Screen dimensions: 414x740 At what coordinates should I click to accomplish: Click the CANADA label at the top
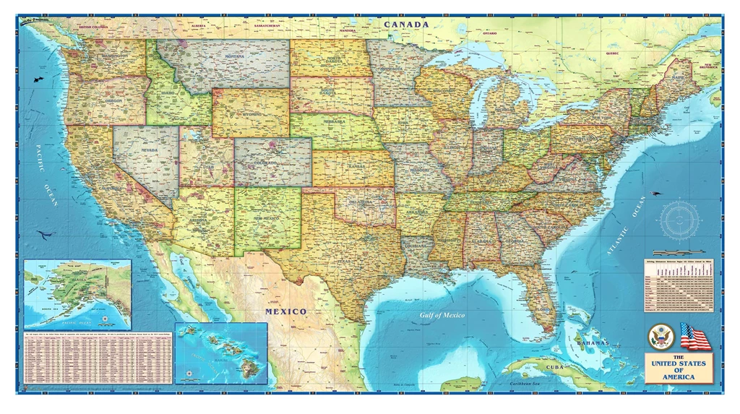point(406,25)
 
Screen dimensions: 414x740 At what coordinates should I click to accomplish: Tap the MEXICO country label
point(285,311)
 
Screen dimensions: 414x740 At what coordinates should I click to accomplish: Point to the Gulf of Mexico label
point(443,316)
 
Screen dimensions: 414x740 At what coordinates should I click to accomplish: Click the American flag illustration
point(695,337)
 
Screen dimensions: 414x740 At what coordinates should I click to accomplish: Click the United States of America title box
point(679,367)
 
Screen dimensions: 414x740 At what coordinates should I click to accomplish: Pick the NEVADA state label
point(149,150)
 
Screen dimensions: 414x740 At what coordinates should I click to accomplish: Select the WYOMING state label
point(251,114)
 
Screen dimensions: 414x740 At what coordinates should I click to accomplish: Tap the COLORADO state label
point(271,163)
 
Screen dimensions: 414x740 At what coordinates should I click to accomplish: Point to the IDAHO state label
point(168,93)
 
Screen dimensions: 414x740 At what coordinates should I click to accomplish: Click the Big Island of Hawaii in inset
point(250,368)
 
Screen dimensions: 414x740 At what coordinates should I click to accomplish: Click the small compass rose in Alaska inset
point(106,318)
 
